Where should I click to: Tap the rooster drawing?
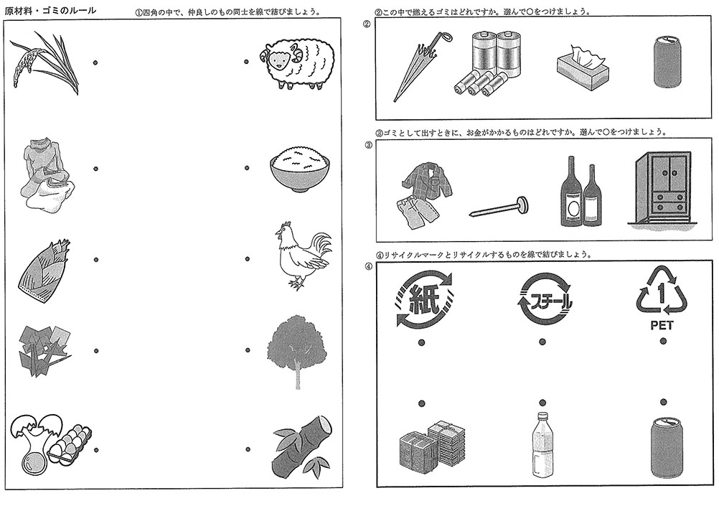pos(301,257)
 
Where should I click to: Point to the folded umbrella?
pos(419,65)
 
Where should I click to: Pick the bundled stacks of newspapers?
pos(432,445)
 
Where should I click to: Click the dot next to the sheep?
pos(246,62)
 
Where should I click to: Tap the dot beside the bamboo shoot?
pos(95,259)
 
